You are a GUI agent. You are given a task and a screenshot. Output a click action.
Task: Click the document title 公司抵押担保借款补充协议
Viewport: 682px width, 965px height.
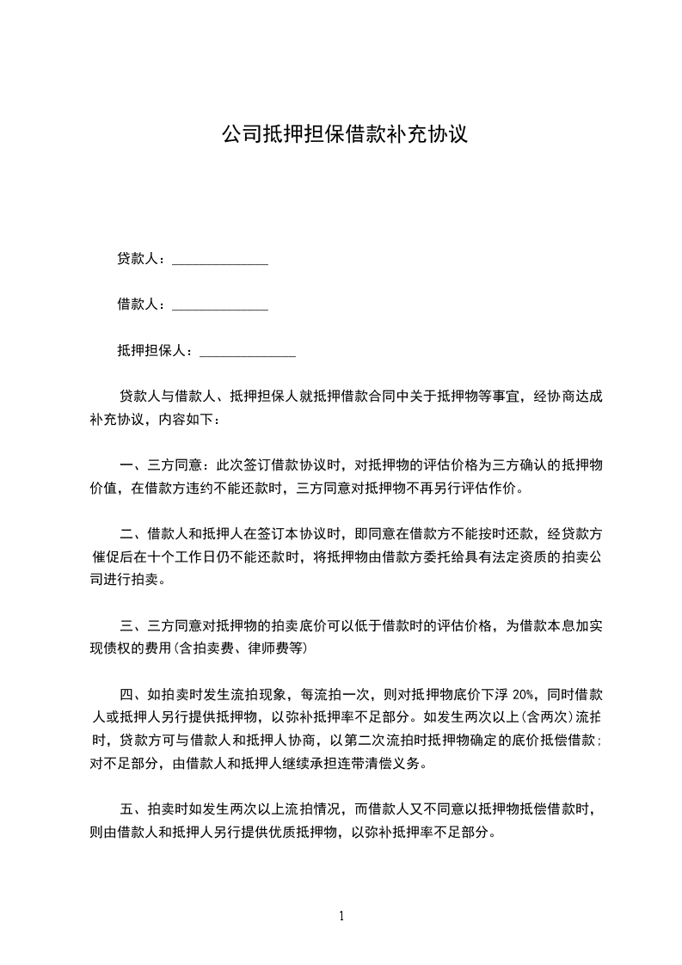(x=344, y=135)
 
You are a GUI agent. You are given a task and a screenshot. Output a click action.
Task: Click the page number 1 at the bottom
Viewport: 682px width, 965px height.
(x=341, y=916)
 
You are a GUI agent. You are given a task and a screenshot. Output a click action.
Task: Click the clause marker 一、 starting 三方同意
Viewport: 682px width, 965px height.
(x=132, y=465)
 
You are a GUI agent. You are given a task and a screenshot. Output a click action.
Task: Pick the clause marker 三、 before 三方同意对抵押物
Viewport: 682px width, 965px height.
(x=132, y=625)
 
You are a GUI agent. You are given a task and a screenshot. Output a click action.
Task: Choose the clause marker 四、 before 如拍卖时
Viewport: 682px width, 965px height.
(x=132, y=693)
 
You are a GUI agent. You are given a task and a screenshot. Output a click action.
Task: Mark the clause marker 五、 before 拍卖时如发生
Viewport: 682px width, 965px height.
(x=132, y=809)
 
